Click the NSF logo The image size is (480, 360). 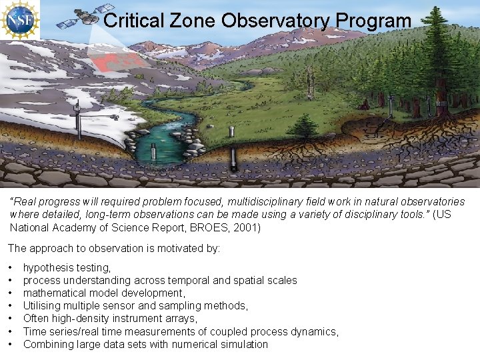click(x=20, y=20)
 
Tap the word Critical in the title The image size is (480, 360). click(x=134, y=21)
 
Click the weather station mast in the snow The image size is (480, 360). click(x=78, y=118)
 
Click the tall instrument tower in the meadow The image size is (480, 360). click(x=309, y=83)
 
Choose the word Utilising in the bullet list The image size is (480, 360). click(x=44, y=306)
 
